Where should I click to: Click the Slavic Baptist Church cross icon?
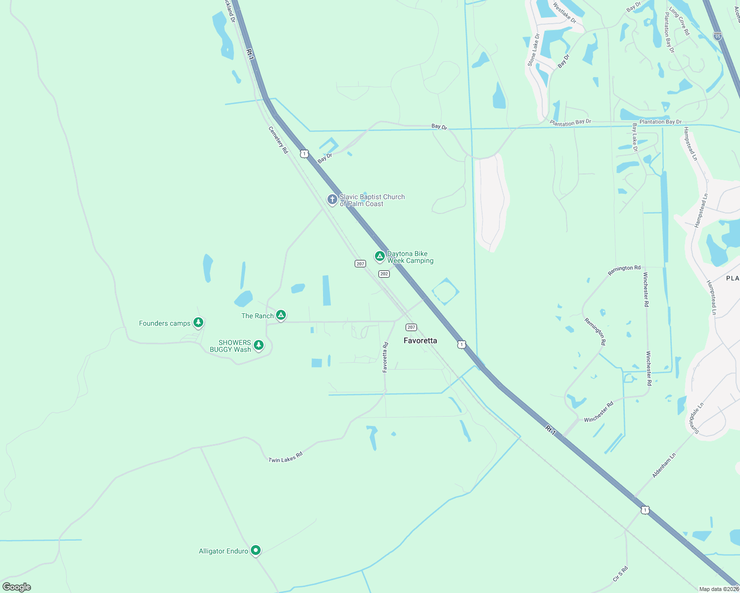[332, 200]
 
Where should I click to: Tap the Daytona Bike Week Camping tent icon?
[379, 256]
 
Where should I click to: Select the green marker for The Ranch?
[281, 315]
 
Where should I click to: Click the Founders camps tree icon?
[198, 323]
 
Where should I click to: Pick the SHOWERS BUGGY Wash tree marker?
[258, 345]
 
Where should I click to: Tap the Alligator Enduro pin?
[255, 550]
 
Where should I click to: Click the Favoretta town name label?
[420, 340]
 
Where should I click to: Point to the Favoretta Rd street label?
[385, 357]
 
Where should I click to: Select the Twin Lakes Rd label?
[285, 457]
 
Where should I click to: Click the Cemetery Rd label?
[278, 140]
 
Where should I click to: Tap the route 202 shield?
[384, 274]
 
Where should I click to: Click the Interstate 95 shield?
[718, 36]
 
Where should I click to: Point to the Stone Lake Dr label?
[534, 50]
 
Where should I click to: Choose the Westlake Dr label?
[564, 13]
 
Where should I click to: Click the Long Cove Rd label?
[679, 21]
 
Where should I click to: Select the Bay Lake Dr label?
[635, 138]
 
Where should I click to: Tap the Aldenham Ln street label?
[664, 466]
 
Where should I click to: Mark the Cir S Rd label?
[620, 574]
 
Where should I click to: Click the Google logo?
[17, 587]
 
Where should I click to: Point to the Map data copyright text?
[718, 589]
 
